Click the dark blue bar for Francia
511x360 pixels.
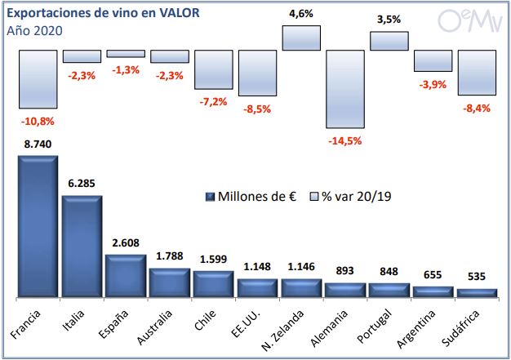tap(38, 226)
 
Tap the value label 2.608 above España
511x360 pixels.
tap(126, 243)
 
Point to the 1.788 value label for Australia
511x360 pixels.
tap(170, 257)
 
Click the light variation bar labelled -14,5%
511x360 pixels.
tap(345, 89)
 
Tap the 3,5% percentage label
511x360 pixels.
tap(389, 20)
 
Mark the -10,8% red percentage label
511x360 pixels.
tap(38, 121)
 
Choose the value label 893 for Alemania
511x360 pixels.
tap(345, 272)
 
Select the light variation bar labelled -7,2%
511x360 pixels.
tap(214, 70)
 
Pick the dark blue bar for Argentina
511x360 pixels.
tap(433, 291)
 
